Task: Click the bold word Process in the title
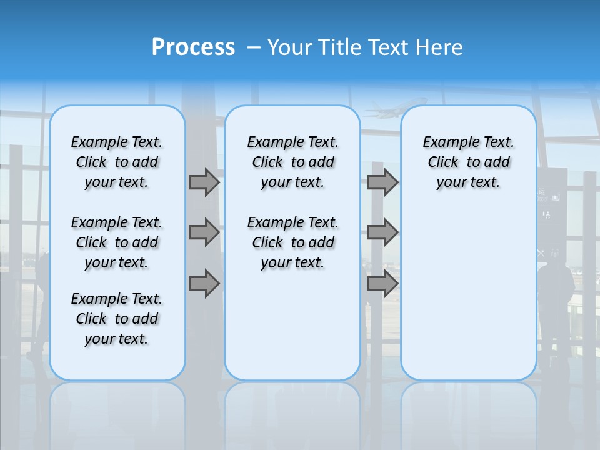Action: (193, 47)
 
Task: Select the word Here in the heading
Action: (440, 47)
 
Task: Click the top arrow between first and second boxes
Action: (204, 182)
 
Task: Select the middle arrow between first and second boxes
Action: (204, 232)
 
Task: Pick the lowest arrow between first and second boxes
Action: (204, 284)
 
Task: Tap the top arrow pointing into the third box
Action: (382, 182)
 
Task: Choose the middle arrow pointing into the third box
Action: (382, 232)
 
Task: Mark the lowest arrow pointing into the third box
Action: (382, 284)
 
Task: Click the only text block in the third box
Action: (468, 162)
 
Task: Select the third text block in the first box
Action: (117, 319)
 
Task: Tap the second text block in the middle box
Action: (292, 242)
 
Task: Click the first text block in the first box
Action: (117, 162)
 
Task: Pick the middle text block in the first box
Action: (117, 242)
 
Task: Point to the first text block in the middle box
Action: (292, 162)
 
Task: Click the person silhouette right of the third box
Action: (555, 300)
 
